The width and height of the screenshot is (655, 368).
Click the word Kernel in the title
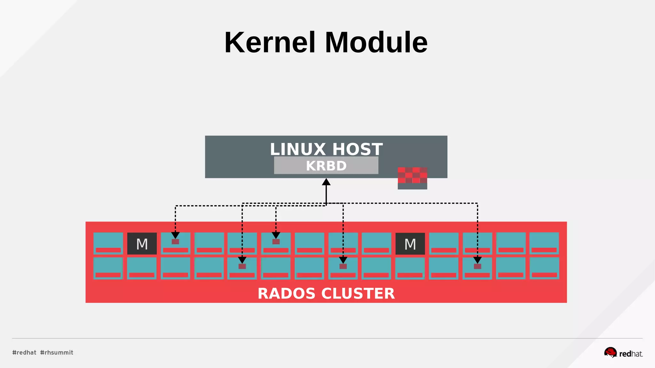[270, 42]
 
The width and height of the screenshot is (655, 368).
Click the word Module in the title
[376, 42]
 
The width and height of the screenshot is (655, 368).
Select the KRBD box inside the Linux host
[326, 165]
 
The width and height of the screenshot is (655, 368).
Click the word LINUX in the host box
[298, 149]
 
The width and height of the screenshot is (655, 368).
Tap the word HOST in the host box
[357, 149]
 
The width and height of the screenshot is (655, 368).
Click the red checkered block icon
[412, 176]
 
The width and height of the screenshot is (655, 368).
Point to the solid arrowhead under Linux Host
[326, 182]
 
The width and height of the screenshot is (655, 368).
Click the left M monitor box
[142, 244]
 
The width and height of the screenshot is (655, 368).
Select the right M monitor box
[410, 244]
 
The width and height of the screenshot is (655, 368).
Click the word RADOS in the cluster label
[286, 293]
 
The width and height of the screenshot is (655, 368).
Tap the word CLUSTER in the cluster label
[358, 293]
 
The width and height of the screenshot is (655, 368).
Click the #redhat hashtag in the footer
[24, 352]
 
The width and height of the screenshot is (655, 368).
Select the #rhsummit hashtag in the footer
[57, 352]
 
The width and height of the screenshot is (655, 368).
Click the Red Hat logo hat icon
[610, 352]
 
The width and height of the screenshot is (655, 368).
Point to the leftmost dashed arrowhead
[175, 236]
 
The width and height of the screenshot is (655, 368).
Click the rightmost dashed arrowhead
[477, 260]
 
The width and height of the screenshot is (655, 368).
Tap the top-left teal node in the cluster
[108, 243]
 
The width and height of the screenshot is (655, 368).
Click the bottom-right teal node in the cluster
[544, 268]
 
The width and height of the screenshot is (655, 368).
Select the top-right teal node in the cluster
[544, 243]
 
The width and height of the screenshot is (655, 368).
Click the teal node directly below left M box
[142, 268]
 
